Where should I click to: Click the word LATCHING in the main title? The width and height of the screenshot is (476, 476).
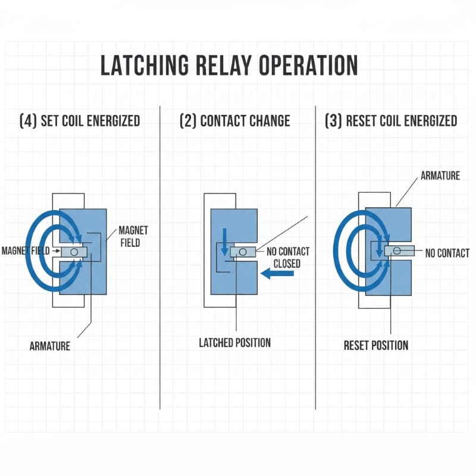(x=142, y=65)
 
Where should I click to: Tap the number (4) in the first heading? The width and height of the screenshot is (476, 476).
(x=29, y=121)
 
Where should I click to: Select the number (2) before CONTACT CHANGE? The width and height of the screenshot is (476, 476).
(x=188, y=121)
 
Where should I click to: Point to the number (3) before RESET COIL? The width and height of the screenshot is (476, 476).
(x=333, y=121)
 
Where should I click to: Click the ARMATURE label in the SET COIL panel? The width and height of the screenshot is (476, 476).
(x=49, y=346)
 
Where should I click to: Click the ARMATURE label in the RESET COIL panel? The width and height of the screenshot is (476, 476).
(x=441, y=176)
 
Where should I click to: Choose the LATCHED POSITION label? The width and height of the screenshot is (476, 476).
(x=234, y=343)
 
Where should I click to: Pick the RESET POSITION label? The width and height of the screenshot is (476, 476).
(x=376, y=345)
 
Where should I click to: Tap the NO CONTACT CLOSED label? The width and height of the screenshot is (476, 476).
(x=288, y=258)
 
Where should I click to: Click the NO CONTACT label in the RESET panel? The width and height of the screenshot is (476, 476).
(x=447, y=253)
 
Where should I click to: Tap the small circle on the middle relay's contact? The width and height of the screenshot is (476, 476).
(x=242, y=252)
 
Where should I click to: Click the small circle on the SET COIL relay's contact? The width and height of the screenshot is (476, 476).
(x=74, y=252)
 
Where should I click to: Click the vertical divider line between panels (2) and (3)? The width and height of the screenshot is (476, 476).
(x=315, y=256)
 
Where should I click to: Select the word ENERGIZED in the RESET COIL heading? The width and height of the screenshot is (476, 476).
(x=428, y=121)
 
